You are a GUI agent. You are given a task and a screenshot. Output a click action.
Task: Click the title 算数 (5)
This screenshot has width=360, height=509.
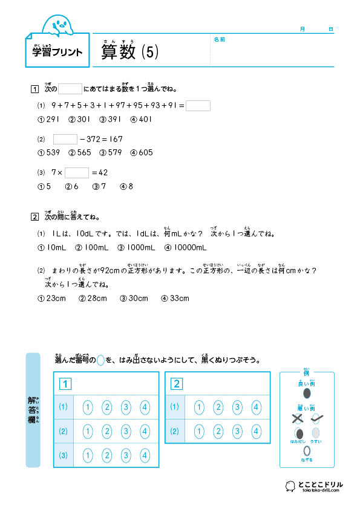(129, 53)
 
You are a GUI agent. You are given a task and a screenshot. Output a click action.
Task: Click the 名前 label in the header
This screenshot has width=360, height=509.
(219, 39)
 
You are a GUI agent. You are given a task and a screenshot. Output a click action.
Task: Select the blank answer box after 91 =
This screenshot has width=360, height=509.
(198, 106)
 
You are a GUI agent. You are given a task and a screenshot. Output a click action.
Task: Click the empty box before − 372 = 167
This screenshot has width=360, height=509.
(65, 139)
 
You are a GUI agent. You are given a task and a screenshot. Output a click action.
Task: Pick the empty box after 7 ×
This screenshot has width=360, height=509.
(77, 172)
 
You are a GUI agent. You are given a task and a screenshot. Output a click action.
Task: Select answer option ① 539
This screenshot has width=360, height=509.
(49, 152)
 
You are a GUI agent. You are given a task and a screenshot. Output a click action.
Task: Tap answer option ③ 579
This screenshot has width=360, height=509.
(111, 152)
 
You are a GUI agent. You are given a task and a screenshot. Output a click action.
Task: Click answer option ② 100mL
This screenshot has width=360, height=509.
(91, 247)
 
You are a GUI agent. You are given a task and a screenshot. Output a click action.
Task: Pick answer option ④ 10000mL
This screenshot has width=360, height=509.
(182, 247)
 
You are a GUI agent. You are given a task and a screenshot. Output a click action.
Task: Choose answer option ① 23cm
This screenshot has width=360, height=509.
(51, 298)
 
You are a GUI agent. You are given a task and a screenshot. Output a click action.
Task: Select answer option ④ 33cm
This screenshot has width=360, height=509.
(175, 298)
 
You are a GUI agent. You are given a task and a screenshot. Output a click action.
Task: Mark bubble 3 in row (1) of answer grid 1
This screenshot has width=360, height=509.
(126, 407)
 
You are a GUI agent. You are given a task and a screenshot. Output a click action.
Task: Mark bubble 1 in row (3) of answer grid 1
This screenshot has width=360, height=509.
(88, 455)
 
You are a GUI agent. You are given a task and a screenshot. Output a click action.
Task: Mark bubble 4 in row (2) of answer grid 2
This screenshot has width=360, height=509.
(256, 431)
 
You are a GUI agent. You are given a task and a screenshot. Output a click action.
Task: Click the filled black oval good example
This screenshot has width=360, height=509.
(306, 394)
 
